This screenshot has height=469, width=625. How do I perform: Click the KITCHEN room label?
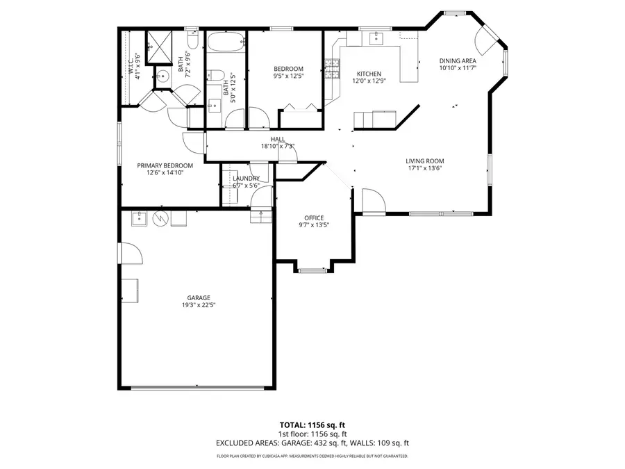[369, 74]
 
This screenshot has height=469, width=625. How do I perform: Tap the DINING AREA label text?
[458, 61]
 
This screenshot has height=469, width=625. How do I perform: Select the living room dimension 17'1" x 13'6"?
[424, 168]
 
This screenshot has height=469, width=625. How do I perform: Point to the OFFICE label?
[314, 218]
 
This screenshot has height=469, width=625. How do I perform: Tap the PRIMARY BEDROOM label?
[165, 165]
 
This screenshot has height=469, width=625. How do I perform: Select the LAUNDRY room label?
[246, 179]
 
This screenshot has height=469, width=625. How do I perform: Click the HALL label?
[278, 139]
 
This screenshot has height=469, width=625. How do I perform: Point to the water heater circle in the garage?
[161, 218]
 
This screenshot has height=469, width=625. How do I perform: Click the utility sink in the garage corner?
[139, 218]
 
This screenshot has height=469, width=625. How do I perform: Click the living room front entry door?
[373, 202]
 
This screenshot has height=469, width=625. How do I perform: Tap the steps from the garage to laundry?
[260, 217]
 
